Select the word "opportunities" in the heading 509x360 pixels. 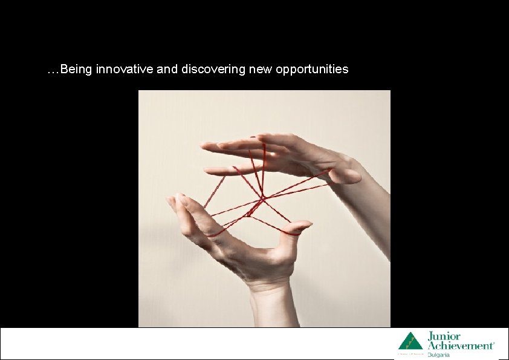pos(312,69)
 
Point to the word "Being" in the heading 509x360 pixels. pos(74,69)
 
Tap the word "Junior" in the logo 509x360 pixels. pos(444,336)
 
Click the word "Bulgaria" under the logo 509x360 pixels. pos(439,355)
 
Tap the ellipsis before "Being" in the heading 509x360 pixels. pos(53,71)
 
